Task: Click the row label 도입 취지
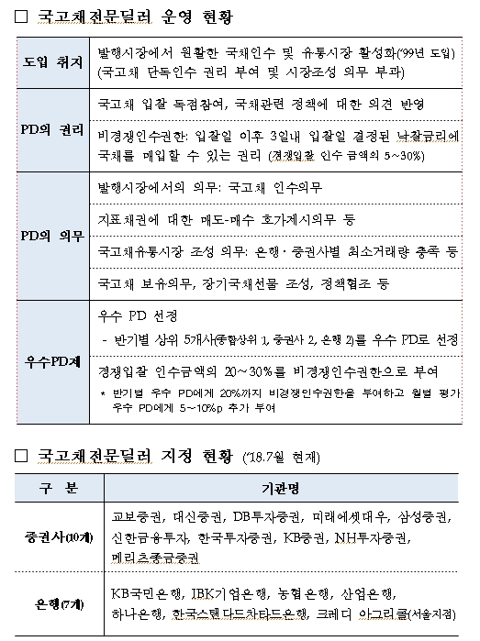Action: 52,61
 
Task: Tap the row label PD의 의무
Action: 52,236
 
